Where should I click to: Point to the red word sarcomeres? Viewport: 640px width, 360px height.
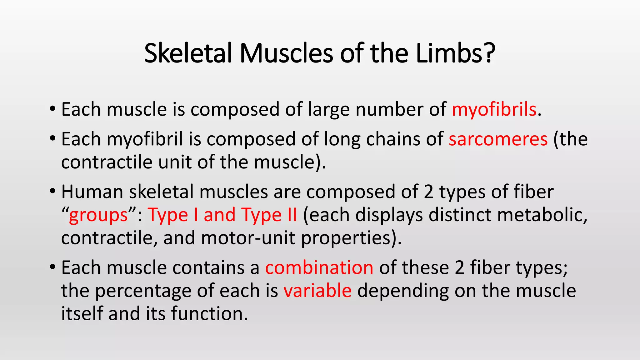coord(498,139)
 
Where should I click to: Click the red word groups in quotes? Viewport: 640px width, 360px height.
coord(98,215)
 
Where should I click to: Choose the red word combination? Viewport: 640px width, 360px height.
coord(319,268)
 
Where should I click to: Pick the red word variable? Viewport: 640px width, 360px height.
coord(317,291)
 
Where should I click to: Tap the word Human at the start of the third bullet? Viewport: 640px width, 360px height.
coord(92,192)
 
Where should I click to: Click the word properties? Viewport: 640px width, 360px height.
coord(349,238)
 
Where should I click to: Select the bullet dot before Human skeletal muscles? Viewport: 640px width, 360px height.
coord(52,191)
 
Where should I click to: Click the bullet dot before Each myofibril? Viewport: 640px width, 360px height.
coord(52,138)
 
